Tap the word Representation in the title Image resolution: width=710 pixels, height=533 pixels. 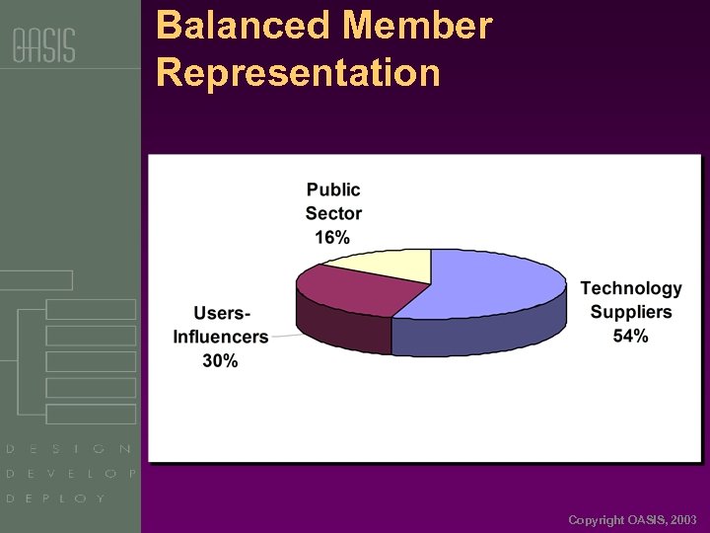coord(298,73)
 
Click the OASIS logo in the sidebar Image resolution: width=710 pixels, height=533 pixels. coord(43,45)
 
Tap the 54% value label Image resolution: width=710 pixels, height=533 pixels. coord(630,336)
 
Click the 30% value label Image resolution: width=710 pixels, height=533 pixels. coord(220,360)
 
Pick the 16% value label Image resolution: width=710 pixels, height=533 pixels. coord(332,237)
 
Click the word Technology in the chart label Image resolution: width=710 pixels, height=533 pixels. coord(631,288)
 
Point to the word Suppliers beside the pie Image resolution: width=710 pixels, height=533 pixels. coord(631,312)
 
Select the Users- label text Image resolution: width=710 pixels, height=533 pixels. coord(221,313)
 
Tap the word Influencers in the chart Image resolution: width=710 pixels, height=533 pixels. coord(221,337)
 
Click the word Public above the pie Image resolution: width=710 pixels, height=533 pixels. coord(333,190)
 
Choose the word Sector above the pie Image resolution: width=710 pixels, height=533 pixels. coord(333,213)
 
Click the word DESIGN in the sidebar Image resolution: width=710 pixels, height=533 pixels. coord(69,449)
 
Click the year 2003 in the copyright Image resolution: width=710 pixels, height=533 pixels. coord(682,519)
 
